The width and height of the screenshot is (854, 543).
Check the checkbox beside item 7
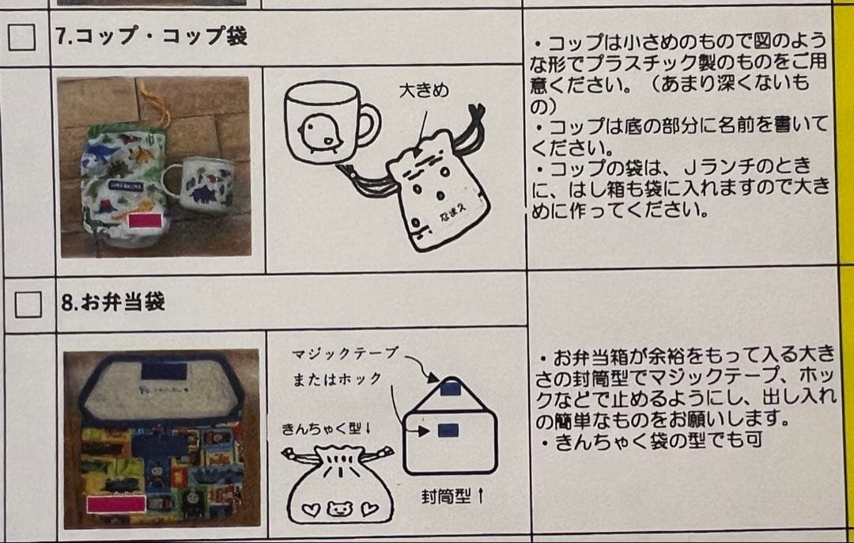(x=22, y=37)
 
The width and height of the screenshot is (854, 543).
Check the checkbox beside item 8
(x=28, y=304)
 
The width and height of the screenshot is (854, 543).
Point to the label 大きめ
(x=424, y=90)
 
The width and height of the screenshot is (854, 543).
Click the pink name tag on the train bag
(x=115, y=503)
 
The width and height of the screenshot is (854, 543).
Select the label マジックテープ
(x=346, y=352)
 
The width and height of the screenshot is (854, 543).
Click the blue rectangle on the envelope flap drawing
(x=449, y=388)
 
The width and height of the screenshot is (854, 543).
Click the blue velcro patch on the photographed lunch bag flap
(x=164, y=371)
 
